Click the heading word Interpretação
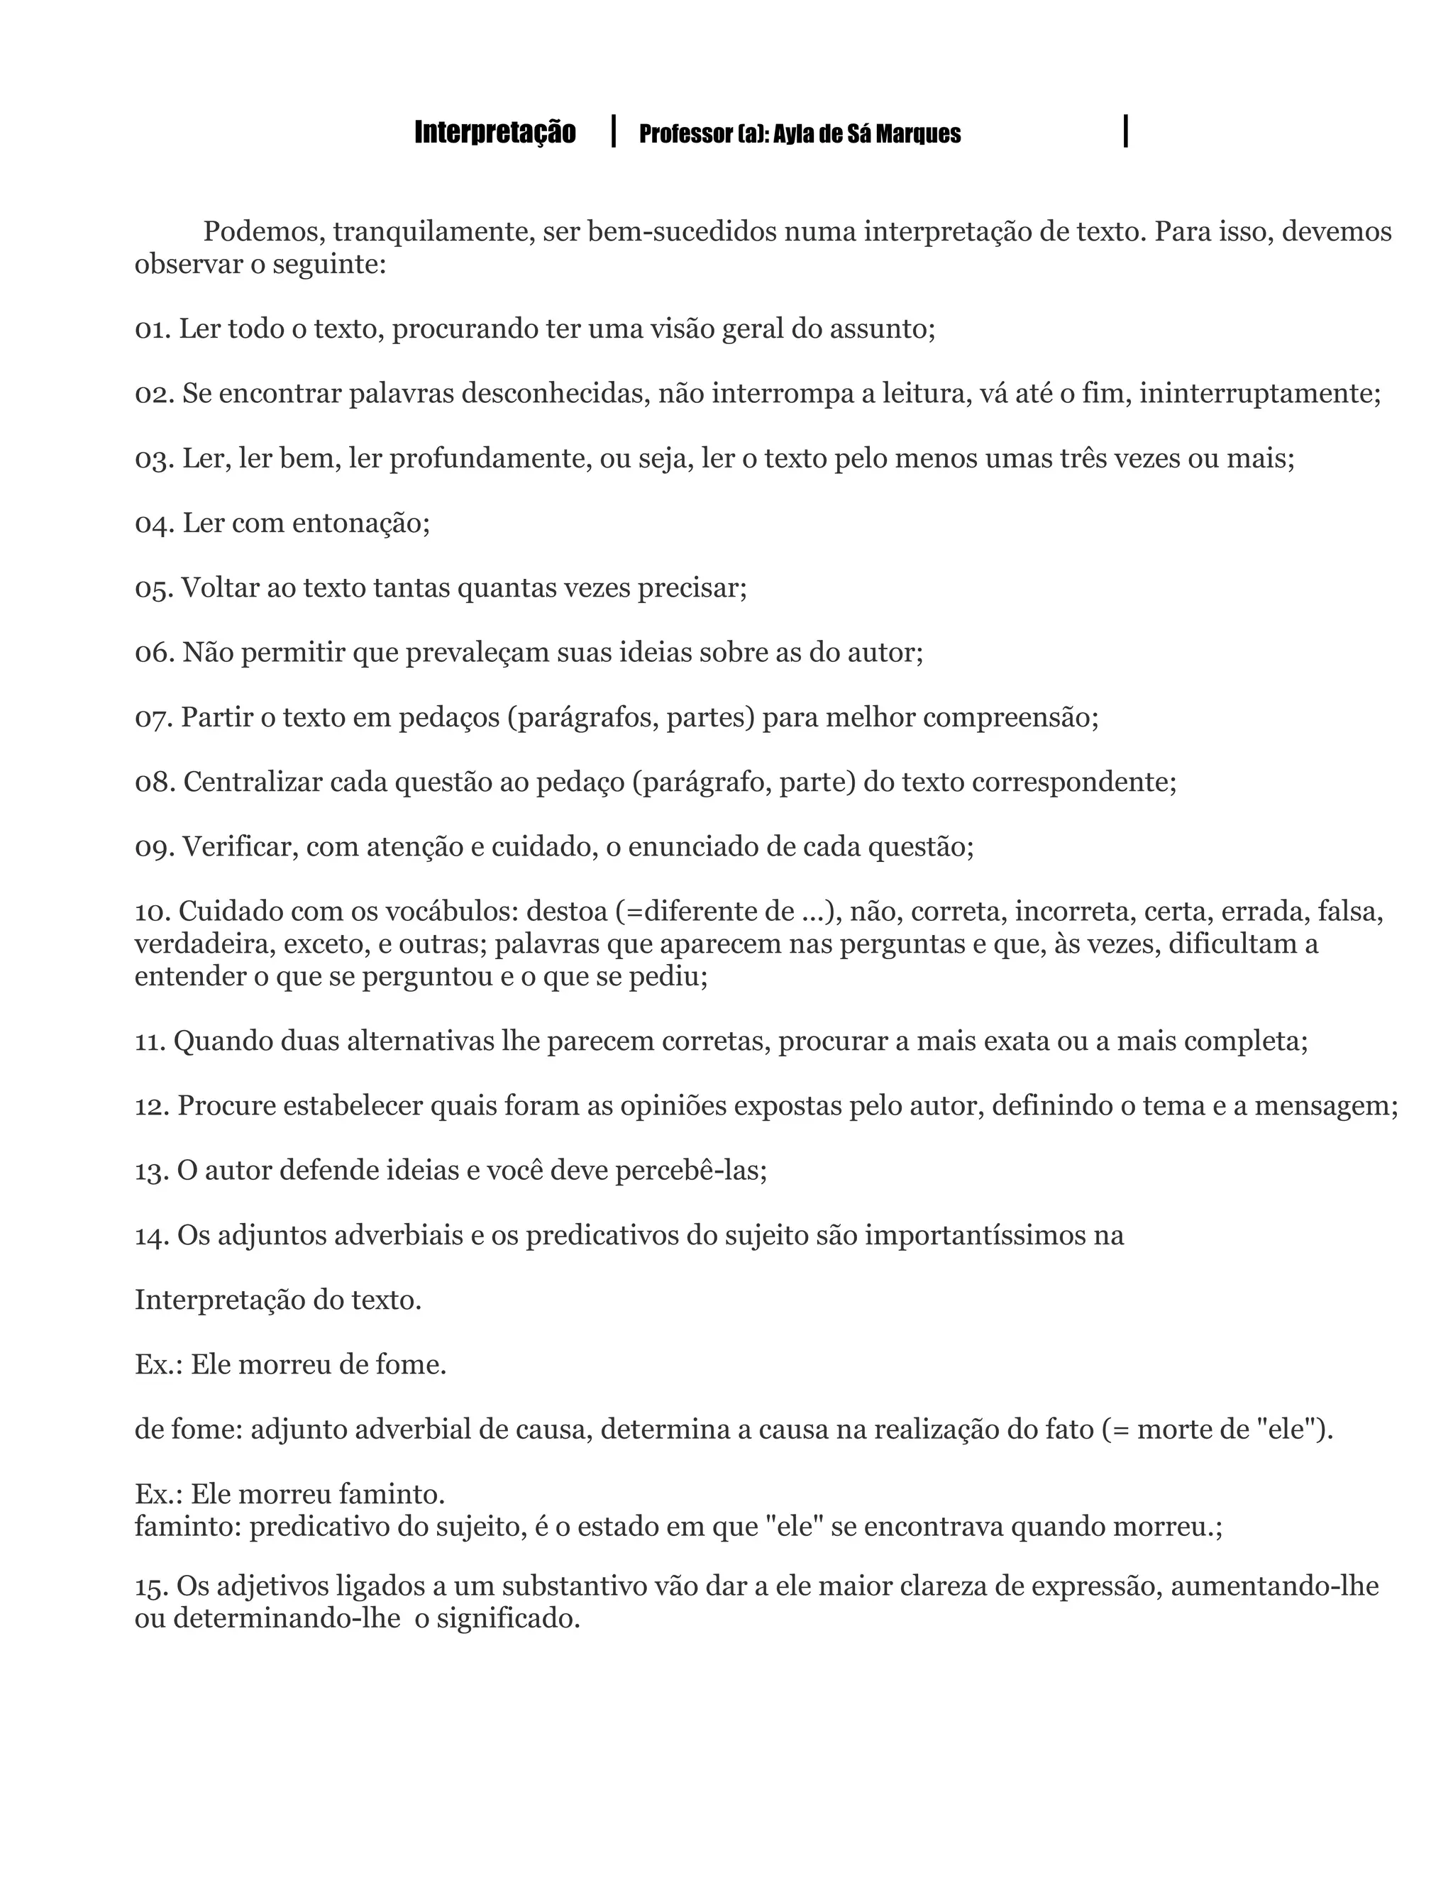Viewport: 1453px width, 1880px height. coord(495,133)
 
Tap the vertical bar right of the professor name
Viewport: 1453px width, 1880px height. coord(1126,131)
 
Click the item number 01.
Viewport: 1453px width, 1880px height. coord(153,329)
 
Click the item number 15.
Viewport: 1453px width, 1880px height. coord(152,1586)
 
